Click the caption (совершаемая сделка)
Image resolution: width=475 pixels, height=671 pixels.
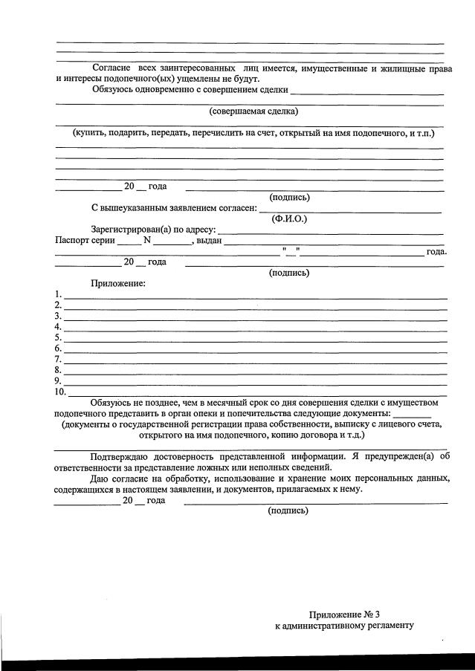click(x=253, y=111)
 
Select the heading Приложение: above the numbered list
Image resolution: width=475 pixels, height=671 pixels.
click(x=117, y=284)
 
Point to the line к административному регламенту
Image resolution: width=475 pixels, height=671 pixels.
click(x=343, y=626)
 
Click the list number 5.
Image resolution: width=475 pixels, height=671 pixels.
click(x=58, y=337)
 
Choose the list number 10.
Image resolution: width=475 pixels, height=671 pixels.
click(x=60, y=391)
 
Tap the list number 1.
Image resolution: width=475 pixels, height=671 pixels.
click(x=58, y=294)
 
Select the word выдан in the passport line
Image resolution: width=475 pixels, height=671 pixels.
click(x=209, y=240)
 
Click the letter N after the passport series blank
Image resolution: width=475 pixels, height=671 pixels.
click(x=147, y=240)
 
